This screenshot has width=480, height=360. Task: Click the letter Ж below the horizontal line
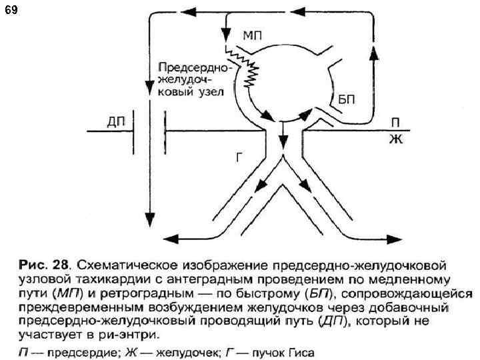pos(395,140)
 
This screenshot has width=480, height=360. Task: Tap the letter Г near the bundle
pos(241,157)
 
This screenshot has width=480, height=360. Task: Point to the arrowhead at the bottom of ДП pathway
pos(149,220)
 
